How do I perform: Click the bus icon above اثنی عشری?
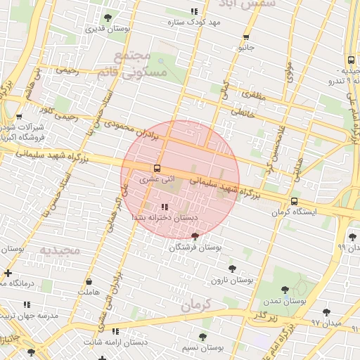[x=157, y=168]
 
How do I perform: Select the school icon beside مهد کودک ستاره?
[x=194, y=12]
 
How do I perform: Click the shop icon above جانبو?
[x=246, y=37]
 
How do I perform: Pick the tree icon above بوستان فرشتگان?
[x=195, y=236]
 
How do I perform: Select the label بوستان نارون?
[x=232, y=280]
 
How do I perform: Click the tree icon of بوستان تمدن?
[x=285, y=289]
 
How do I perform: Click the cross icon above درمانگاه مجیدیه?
[x=8, y=273]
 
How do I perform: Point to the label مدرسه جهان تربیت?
[x=29, y=315]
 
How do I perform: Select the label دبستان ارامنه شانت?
[x=115, y=342]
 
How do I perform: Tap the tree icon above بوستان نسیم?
[x=202, y=337]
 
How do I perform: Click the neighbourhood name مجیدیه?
[x=55, y=250]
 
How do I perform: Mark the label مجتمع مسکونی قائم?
[x=141, y=65]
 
